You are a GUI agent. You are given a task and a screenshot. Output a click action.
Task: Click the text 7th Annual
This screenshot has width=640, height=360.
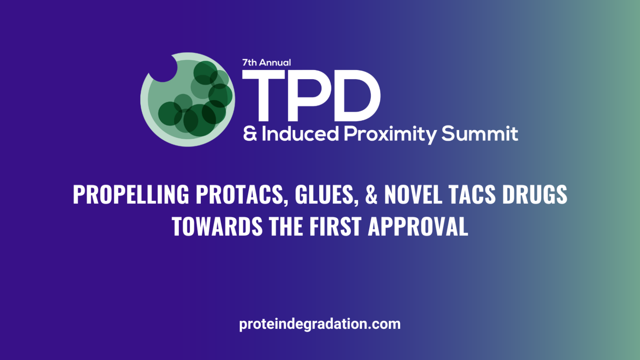pos(267,63)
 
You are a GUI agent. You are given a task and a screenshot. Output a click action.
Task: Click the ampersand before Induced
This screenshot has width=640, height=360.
pos(250,134)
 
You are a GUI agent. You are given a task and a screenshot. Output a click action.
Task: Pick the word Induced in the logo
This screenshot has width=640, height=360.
pos(300,134)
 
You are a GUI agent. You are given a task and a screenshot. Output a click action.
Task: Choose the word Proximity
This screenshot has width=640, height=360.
pos(390,134)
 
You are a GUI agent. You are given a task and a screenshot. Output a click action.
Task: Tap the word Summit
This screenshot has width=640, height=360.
pos(480,134)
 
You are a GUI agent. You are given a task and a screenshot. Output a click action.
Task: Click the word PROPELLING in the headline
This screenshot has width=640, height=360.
pos(131,195)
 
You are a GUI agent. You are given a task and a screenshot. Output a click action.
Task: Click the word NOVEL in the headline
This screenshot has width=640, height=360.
pos(413,195)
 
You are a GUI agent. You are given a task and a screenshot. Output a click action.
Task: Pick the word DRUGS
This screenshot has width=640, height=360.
pos(535,195)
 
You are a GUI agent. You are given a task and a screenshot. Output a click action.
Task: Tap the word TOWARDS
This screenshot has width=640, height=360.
pos(217,227)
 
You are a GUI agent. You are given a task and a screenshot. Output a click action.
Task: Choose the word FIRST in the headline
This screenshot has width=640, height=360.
pos(335,227)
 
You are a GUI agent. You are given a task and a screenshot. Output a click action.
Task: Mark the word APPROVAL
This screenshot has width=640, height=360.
pos(418,227)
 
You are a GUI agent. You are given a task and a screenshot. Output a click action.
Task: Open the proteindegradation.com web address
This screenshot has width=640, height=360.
pos(320,324)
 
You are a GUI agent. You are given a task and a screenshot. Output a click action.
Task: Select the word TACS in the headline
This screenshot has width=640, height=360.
pos(472,195)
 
